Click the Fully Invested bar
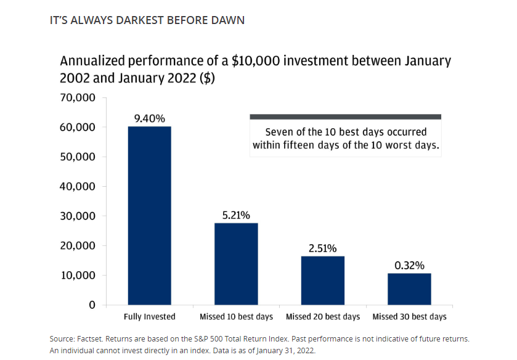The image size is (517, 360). tap(150, 215)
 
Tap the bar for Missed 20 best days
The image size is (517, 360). tap(323, 280)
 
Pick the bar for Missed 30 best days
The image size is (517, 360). tap(409, 289)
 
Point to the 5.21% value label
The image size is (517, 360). tap(236, 215)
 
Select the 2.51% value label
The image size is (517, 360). tap(323, 248)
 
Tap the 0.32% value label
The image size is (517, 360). tap(409, 266)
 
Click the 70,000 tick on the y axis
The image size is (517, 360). tap(78, 97)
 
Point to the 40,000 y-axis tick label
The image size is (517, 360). tap(78, 186)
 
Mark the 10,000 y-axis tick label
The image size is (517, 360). tap(78, 275)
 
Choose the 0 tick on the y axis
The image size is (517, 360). tap(92, 305)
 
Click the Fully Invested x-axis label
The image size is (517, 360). tap(150, 317)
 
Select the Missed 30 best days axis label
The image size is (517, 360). tap(409, 317)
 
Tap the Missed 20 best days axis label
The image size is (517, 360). tap(323, 317)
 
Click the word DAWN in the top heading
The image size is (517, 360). tap(228, 20)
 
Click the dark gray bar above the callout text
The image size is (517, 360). tap(345, 117)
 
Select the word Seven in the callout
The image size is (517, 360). tap(279, 132)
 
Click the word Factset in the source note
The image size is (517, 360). tap(91, 340)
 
